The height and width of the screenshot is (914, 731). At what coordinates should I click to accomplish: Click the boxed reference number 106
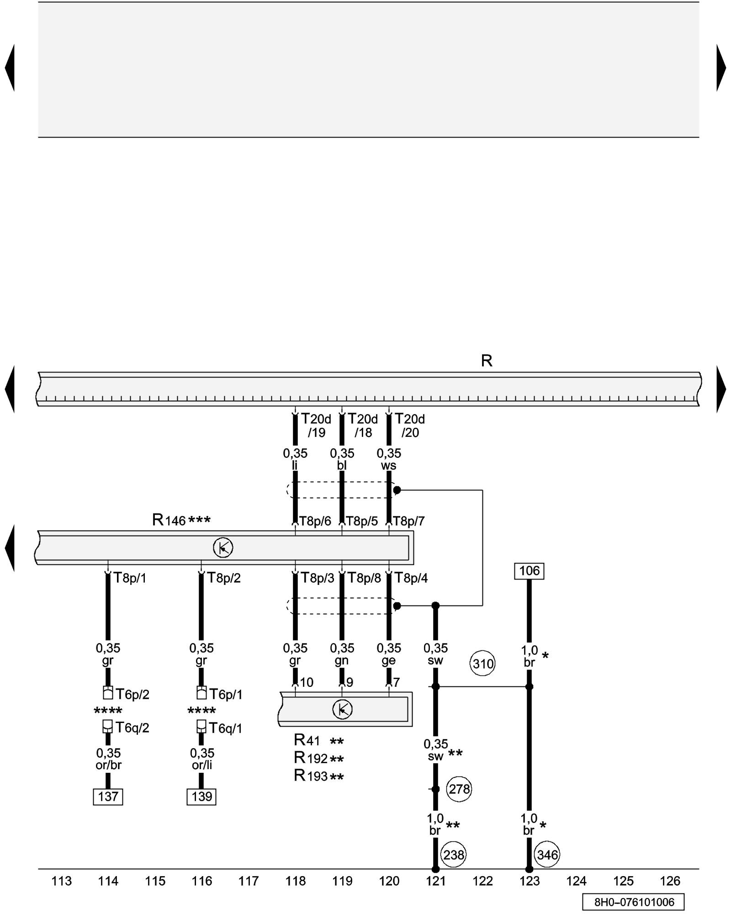(x=529, y=571)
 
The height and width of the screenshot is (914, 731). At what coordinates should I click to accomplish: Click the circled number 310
(x=482, y=664)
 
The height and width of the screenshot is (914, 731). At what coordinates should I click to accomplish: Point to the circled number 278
(x=459, y=789)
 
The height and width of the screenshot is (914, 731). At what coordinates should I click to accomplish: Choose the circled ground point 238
(x=453, y=855)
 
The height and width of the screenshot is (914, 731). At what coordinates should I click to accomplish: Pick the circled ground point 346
(x=547, y=855)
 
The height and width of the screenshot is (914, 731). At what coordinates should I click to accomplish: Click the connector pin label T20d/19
(x=316, y=425)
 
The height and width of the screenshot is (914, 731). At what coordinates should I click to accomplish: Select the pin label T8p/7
(x=408, y=521)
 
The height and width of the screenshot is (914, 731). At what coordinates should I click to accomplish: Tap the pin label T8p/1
(x=130, y=578)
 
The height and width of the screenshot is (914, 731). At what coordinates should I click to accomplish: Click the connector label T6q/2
(x=132, y=728)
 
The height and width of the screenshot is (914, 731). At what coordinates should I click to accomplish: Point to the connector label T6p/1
(x=226, y=694)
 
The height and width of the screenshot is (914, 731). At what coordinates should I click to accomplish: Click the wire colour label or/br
(x=108, y=765)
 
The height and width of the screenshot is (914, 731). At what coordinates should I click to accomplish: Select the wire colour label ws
(x=388, y=466)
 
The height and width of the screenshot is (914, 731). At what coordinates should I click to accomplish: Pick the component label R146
(x=169, y=520)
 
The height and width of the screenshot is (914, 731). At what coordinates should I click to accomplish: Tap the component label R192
(x=311, y=758)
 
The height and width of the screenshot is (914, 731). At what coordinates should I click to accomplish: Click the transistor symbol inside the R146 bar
(x=223, y=547)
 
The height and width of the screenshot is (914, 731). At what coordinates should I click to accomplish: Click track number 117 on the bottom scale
(x=249, y=881)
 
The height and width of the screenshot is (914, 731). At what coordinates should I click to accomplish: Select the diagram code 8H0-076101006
(x=633, y=902)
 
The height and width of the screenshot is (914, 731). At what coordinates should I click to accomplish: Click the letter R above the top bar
(x=487, y=361)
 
